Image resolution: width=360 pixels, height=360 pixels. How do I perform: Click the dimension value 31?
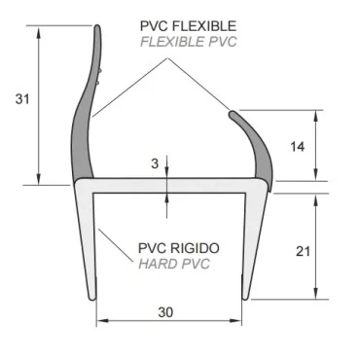coord(19,98)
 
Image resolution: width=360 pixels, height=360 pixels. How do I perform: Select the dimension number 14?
coord(298,146)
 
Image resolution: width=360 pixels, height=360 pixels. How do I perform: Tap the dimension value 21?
coord(302,250)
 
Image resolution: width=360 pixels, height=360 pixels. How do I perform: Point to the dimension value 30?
coord(164,312)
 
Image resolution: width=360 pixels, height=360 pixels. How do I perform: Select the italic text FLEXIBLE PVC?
coord(189,41)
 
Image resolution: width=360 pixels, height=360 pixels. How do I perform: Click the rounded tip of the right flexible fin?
coord(234,116)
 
